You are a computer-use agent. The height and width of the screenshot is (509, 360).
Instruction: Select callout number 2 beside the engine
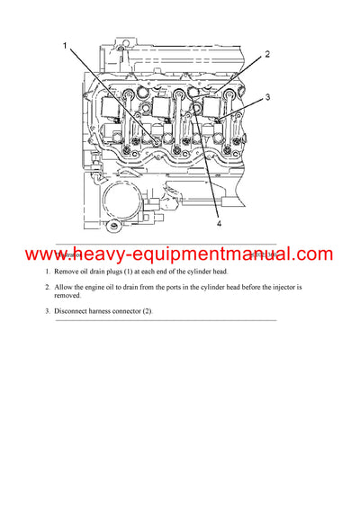(267, 55)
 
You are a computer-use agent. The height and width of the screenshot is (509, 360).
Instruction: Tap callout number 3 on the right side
(268, 97)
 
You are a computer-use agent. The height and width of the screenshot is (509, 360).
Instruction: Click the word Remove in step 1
(69, 271)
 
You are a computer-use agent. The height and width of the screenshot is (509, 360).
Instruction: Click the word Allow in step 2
(67, 287)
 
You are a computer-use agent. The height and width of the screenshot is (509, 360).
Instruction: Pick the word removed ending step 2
(67, 295)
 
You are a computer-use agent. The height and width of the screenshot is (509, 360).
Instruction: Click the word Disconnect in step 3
(75, 311)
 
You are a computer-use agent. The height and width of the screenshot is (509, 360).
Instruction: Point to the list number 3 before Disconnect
(47, 311)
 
